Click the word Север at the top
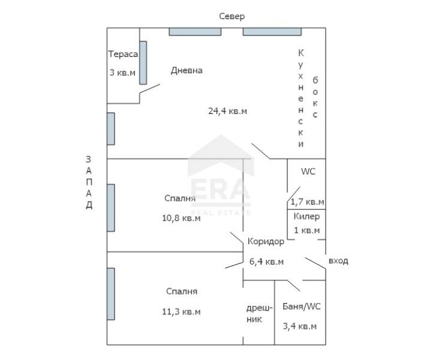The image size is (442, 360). coord(231,16)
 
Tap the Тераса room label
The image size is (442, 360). coord(123,54)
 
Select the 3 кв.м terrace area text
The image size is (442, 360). coord(122,73)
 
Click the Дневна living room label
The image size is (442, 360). coord(187,70)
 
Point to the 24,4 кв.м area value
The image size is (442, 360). coord(227,111)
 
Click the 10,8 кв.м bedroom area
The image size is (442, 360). coord(181,218)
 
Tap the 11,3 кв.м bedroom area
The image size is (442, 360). coord(181,312)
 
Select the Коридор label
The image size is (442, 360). coord(266,242)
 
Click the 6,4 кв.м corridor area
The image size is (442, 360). coord(266,262)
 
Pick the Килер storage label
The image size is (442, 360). coord(306,217)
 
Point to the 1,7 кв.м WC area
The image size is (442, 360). coord(307,202)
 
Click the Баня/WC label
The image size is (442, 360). coord(301,307)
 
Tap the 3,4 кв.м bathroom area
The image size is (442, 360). coord(300,326)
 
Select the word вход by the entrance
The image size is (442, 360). coord(338,261)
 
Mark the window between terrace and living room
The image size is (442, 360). coord(143,62)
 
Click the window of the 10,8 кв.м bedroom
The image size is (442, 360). coord(111,208)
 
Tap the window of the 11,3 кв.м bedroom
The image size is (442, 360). coord(111,294)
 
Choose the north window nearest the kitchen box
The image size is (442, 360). coord(272,32)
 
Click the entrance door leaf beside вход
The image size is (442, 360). coord(315,263)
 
